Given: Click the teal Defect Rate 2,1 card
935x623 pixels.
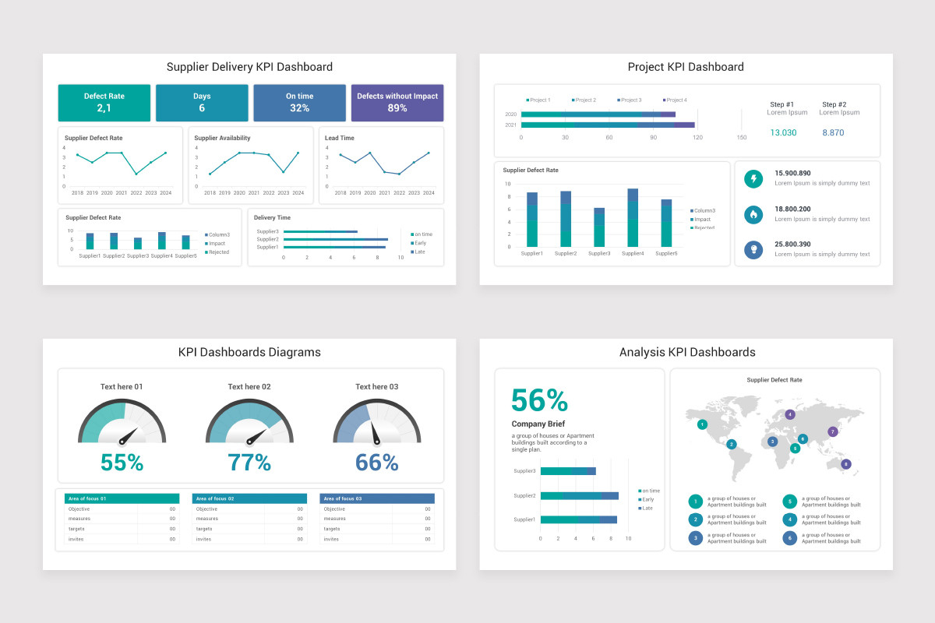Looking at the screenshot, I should pyautogui.click(x=104, y=103).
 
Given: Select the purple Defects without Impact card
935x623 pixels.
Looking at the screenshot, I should pyautogui.click(x=397, y=103).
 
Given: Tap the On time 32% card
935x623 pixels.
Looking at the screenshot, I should pyautogui.click(x=299, y=103).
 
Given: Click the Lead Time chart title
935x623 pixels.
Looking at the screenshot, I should pyautogui.click(x=340, y=139).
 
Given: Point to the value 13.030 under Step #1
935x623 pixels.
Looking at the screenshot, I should pyautogui.click(x=783, y=133).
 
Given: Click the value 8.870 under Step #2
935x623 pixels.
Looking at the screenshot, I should pyautogui.click(x=833, y=133).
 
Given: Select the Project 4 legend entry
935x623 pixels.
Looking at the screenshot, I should pyautogui.click(x=675, y=100).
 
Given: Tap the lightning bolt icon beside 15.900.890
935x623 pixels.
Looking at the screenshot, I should pyautogui.click(x=753, y=179).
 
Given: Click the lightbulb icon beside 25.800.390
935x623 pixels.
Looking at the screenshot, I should pyautogui.click(x=753, y=249).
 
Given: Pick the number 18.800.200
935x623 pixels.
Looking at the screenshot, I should pyautogui.click(x=792, y=209).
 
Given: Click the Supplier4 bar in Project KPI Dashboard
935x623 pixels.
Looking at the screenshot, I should pyautogui.click(x=633, y=218).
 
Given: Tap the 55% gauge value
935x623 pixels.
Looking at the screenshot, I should pyautogui.click(x=122, y=463).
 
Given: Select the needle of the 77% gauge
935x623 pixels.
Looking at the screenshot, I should pyautogui.click(x=258, y=435).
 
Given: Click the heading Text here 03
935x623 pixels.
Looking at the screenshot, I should pyautogui.click(x=376, y=387).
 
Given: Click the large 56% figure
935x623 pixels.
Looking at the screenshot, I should pyautogui.click(x=539, y=400).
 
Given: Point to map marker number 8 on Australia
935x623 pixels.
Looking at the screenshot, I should pyautogui.click(x=846, y=464).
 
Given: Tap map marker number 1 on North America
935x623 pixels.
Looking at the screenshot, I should pyautogui.click(x=703, y=424).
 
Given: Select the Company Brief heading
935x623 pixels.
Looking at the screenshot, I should pyautogui.click(x=538, y=424).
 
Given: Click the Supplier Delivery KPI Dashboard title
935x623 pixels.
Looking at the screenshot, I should pyautogui.click(x=249, y=67).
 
